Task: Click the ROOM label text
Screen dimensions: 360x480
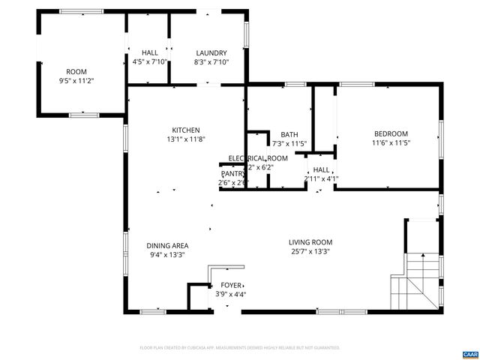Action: click(76, 71)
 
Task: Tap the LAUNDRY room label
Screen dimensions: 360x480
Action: click(211, 53)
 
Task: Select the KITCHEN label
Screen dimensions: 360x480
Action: click(185, 130)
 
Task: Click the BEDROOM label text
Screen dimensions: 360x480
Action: click(391, 134)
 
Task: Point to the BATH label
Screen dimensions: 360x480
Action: click(289, 135)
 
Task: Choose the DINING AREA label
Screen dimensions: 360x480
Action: click(166, 246)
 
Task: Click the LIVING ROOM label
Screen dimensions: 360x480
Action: click(310, 242)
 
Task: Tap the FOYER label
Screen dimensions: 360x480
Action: click(231, 286)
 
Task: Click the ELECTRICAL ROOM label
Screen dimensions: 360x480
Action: click(258, 158)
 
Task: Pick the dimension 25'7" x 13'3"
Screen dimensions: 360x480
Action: click(310, 251)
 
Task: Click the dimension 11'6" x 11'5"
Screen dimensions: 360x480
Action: click(391, 142)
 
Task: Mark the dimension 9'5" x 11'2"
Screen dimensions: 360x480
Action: click(76, 79)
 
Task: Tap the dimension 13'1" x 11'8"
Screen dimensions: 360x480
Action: click(185, 139)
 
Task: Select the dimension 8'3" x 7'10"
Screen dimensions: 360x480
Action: click(211, 62)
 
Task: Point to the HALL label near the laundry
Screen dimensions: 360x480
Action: click(149, 53)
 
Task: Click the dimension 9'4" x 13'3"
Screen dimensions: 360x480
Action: click(166, 255)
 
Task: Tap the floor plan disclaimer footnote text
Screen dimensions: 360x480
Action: click(240, 348)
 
